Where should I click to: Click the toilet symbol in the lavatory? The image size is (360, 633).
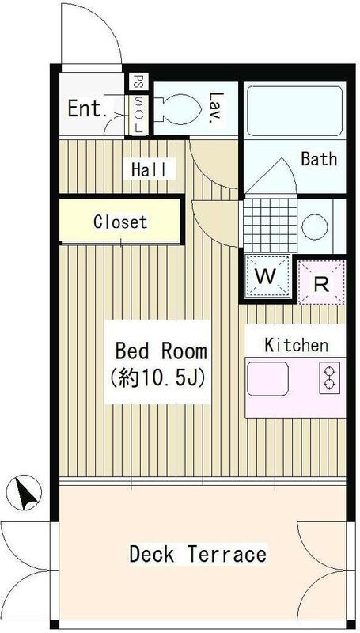pyautogui.click(x=180, y=108)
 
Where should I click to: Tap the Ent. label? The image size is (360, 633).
pyautogui.click(x=87, y=108)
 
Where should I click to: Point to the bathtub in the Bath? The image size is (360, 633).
pyautogui.click(x=294, y=111)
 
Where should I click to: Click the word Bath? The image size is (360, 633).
pyautogui.click(x=319, y=159)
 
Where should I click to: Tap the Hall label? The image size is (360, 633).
pyautogui.click(x=149, y=169)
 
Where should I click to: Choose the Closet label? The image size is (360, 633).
pyautogui.click(x=120, y=222)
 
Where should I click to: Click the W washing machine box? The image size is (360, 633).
pyautogui.click(x=267, y=276)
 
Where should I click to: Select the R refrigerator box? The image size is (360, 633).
pyautogui.click(x=322, y=282)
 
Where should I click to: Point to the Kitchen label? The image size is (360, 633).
pyautogui.click(x=296, y=345)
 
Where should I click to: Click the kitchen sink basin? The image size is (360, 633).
pyautogui.click(x=267, y=379)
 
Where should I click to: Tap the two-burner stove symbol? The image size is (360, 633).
pyautogui.click(x=330, y=378)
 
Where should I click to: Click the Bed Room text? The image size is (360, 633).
pyautogui.click(x=161, y=351)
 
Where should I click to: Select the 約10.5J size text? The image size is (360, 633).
pyautogui.click(x=158, y=378)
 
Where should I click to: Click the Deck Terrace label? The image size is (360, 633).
pyautogui.click(x=198, y=554)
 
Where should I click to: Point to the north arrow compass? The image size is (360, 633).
pyautogui.click(x=25, y=492)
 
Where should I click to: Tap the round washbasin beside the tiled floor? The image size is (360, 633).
pyautogui.click(x=314, y=226)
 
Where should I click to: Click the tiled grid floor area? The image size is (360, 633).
pyautogui.click(x=271, y=225)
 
